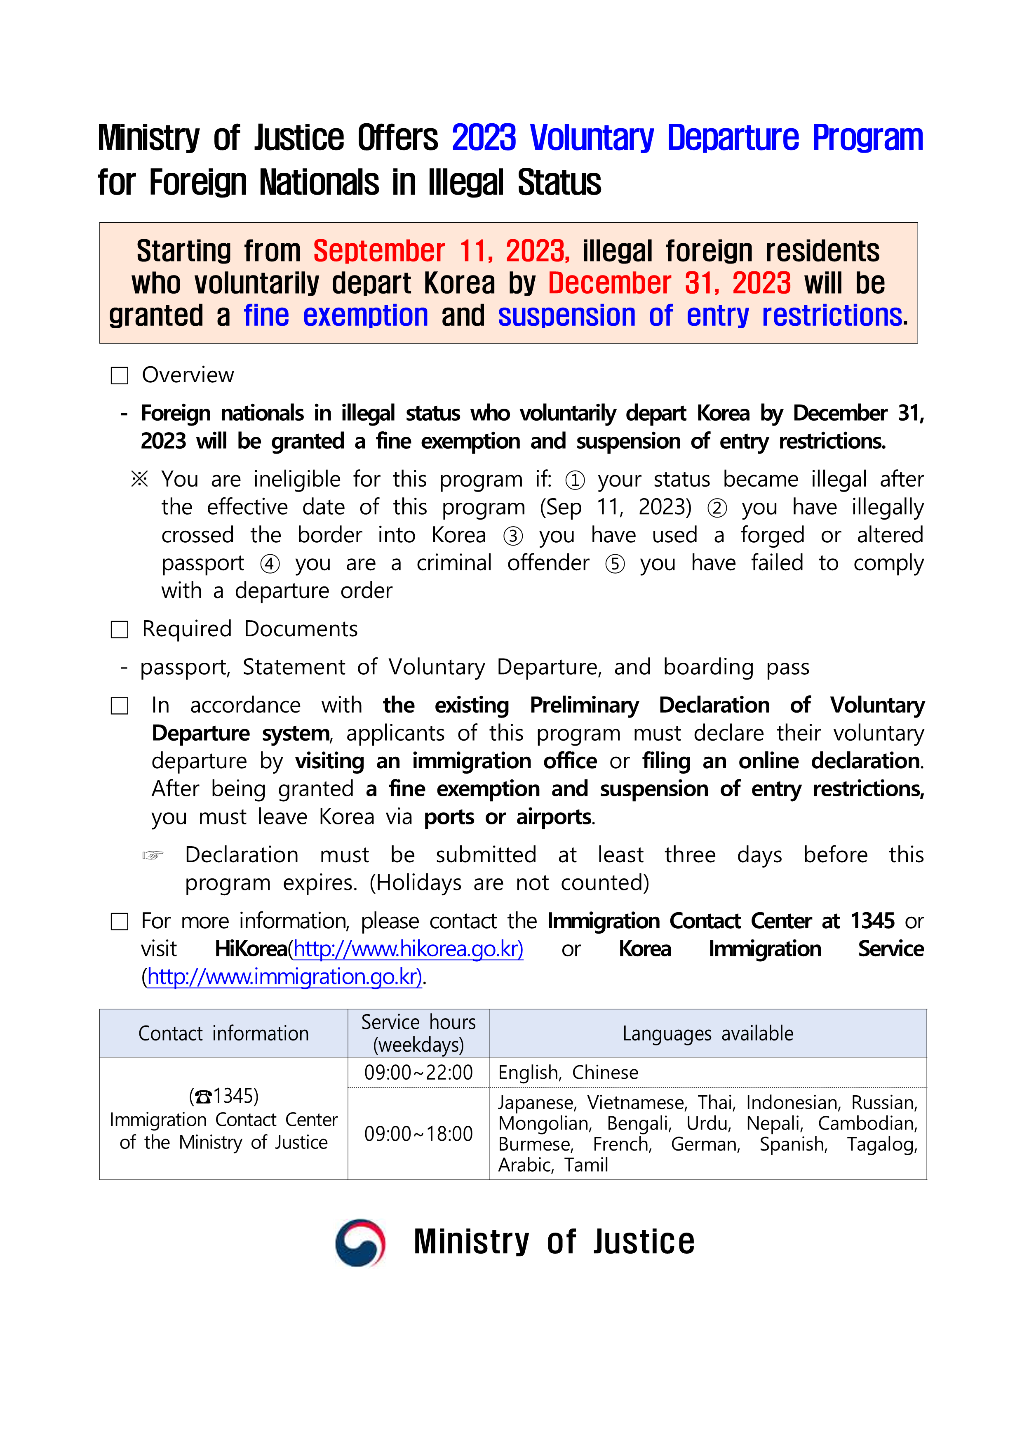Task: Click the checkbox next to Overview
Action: pos(120,376)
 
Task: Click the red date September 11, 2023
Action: pos(441,251)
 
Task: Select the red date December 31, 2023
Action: pos(669,283)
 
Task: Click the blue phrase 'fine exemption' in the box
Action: pos(336,315)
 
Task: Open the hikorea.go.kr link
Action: pos(408,948)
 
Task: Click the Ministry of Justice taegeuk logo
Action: pos(360,1243)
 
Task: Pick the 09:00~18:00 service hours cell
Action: pos(418,1134)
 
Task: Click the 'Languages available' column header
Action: pos(707,1033)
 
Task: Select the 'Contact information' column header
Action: pos(223,1033)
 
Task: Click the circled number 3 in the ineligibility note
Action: pos(513,536)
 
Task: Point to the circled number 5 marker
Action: pos(615,564)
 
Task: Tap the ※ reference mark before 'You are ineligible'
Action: pos(139,480)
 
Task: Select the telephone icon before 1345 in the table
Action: pos(203,1097)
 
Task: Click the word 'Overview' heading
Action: pos(188,375)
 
